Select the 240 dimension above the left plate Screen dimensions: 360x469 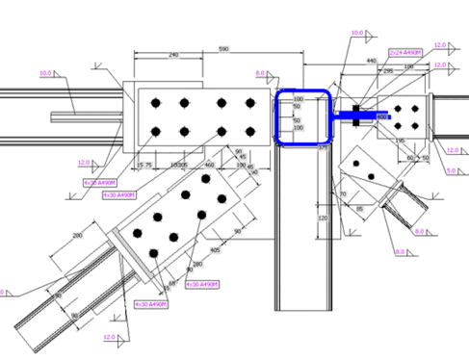tap(172, 56)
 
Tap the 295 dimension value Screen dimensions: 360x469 tap(388, 69)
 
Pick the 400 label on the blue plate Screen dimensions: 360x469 tap(381, 116)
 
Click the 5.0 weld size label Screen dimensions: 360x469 tap(454, 170)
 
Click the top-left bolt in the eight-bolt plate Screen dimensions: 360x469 tap(157, 103)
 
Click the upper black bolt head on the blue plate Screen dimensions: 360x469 tap(356, 107)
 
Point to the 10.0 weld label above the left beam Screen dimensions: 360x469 tap(44, 72)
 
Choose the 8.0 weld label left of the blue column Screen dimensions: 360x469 tap(259, 73)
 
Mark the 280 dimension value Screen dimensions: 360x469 tap(198, 264)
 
